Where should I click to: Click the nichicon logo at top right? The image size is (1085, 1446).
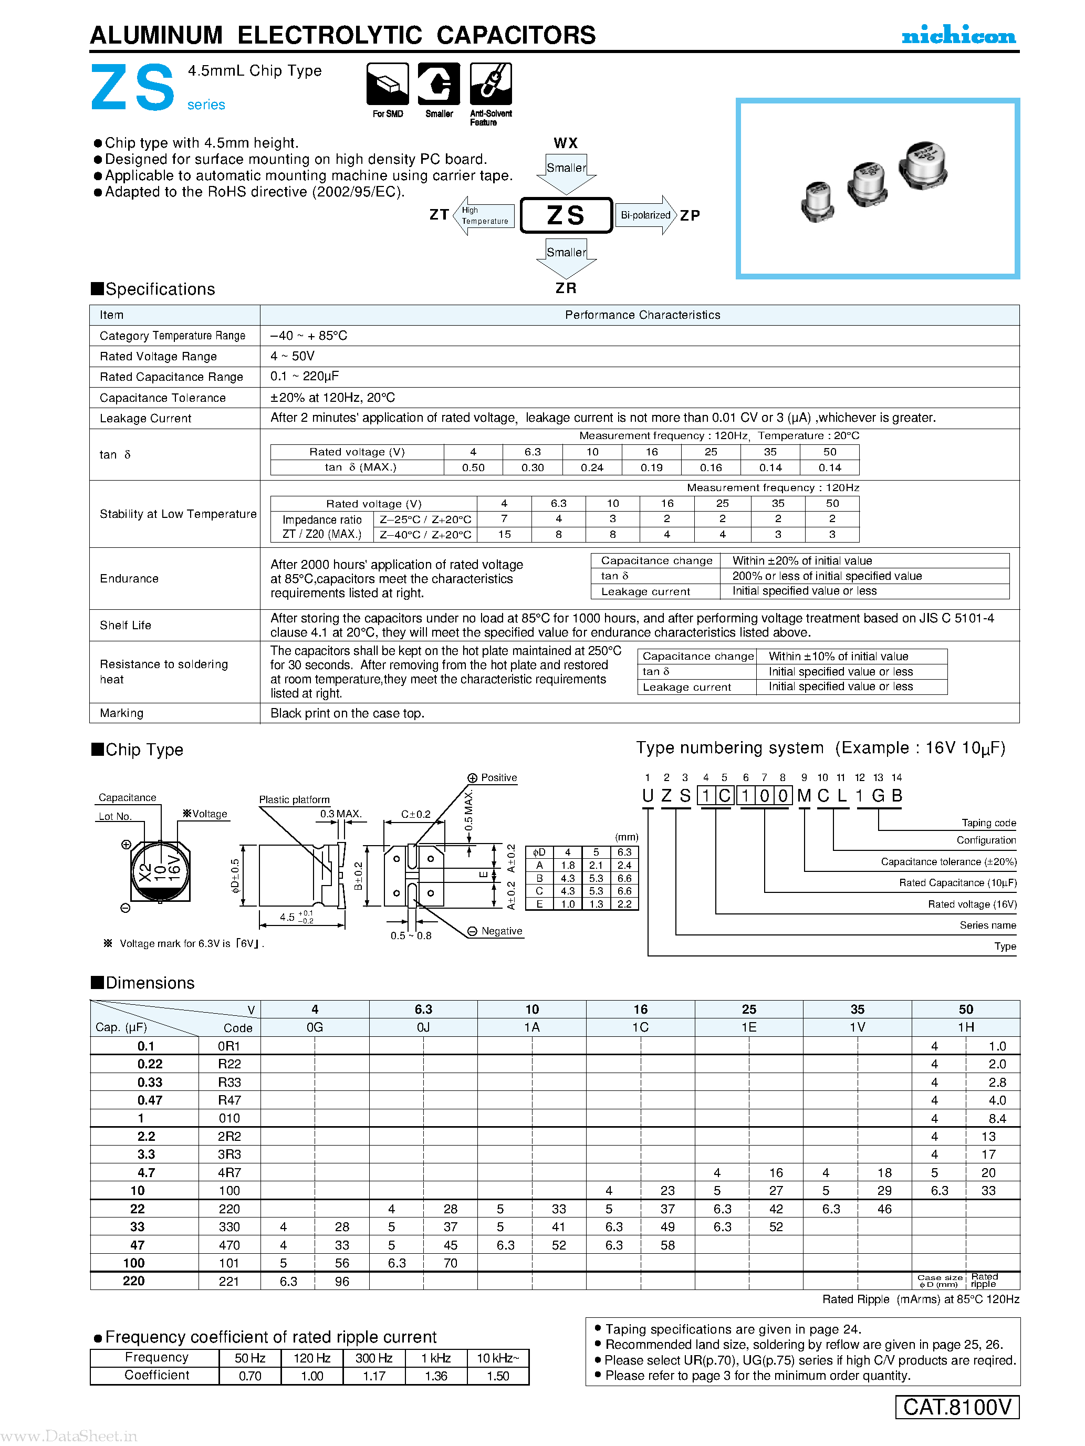958,35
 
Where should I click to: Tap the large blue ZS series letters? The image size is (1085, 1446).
133,88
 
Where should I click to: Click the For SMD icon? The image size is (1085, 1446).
388,85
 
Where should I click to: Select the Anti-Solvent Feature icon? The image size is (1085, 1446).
491,85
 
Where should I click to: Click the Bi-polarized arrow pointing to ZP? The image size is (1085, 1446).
646,215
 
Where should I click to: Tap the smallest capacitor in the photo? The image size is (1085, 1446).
817,201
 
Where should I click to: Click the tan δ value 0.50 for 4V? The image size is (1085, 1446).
473,468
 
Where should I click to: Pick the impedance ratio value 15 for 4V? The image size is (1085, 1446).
505,534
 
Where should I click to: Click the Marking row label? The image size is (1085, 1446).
121,713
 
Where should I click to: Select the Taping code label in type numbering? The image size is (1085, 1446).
988,823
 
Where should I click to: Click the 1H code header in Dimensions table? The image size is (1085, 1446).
965,1027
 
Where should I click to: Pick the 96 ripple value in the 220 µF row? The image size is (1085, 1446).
342,1281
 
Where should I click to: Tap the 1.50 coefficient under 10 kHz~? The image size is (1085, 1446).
497,1376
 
